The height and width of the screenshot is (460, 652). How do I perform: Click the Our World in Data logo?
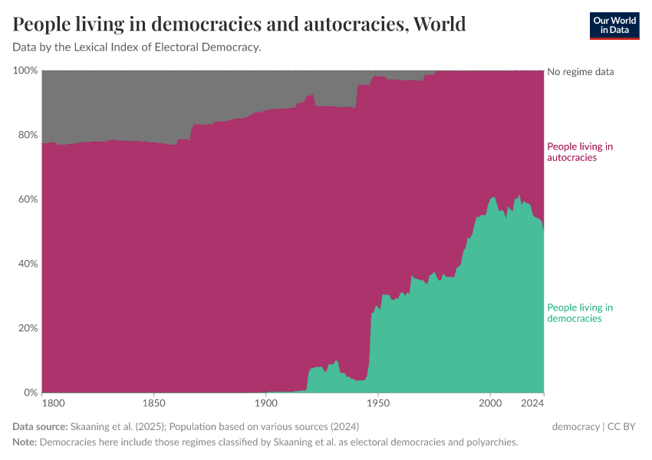614,25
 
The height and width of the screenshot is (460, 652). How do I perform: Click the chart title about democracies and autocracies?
239,25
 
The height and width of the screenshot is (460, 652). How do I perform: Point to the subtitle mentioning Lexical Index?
137,48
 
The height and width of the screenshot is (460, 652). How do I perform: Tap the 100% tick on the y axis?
25,71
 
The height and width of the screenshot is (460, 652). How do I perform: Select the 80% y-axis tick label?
27,135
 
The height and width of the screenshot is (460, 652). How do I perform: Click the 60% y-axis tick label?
27,199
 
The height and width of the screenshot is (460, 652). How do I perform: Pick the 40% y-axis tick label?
27,264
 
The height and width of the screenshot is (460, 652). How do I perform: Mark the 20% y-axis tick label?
27,328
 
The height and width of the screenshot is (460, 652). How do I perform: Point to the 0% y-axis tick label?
30,393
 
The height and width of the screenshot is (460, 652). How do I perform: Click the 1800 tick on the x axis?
53,402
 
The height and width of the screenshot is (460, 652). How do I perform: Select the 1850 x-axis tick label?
154,402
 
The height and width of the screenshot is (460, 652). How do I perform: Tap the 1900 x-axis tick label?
266,402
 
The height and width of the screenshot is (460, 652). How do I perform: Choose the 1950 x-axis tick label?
378,402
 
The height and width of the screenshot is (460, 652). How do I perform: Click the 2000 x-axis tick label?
490,402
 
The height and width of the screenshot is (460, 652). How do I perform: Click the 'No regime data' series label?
580,72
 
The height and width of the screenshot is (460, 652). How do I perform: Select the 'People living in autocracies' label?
579,152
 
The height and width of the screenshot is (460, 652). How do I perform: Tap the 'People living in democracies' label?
579,313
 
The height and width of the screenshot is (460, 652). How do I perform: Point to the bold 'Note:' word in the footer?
25,442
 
